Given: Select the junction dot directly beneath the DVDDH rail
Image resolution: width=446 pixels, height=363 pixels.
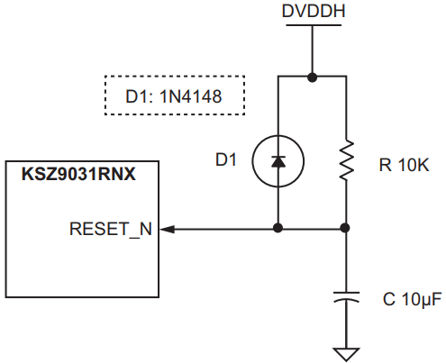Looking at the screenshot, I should (312, 77).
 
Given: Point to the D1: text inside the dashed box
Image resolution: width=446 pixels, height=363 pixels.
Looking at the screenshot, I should (142, 95).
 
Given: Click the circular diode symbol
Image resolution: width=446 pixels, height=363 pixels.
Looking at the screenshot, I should (278, 161).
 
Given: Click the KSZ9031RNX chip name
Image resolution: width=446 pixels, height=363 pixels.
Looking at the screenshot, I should (78, 173).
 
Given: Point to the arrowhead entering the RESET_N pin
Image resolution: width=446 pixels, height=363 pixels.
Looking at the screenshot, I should (168, 229).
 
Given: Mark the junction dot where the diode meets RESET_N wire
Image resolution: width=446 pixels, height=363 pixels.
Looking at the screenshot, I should (278, 229).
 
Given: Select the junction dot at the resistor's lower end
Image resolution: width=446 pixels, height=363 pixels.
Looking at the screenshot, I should (346, 229).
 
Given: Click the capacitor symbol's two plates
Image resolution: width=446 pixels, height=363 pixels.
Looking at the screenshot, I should (346, 297).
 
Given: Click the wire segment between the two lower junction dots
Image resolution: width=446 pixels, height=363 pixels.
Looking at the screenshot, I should (312, 229).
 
